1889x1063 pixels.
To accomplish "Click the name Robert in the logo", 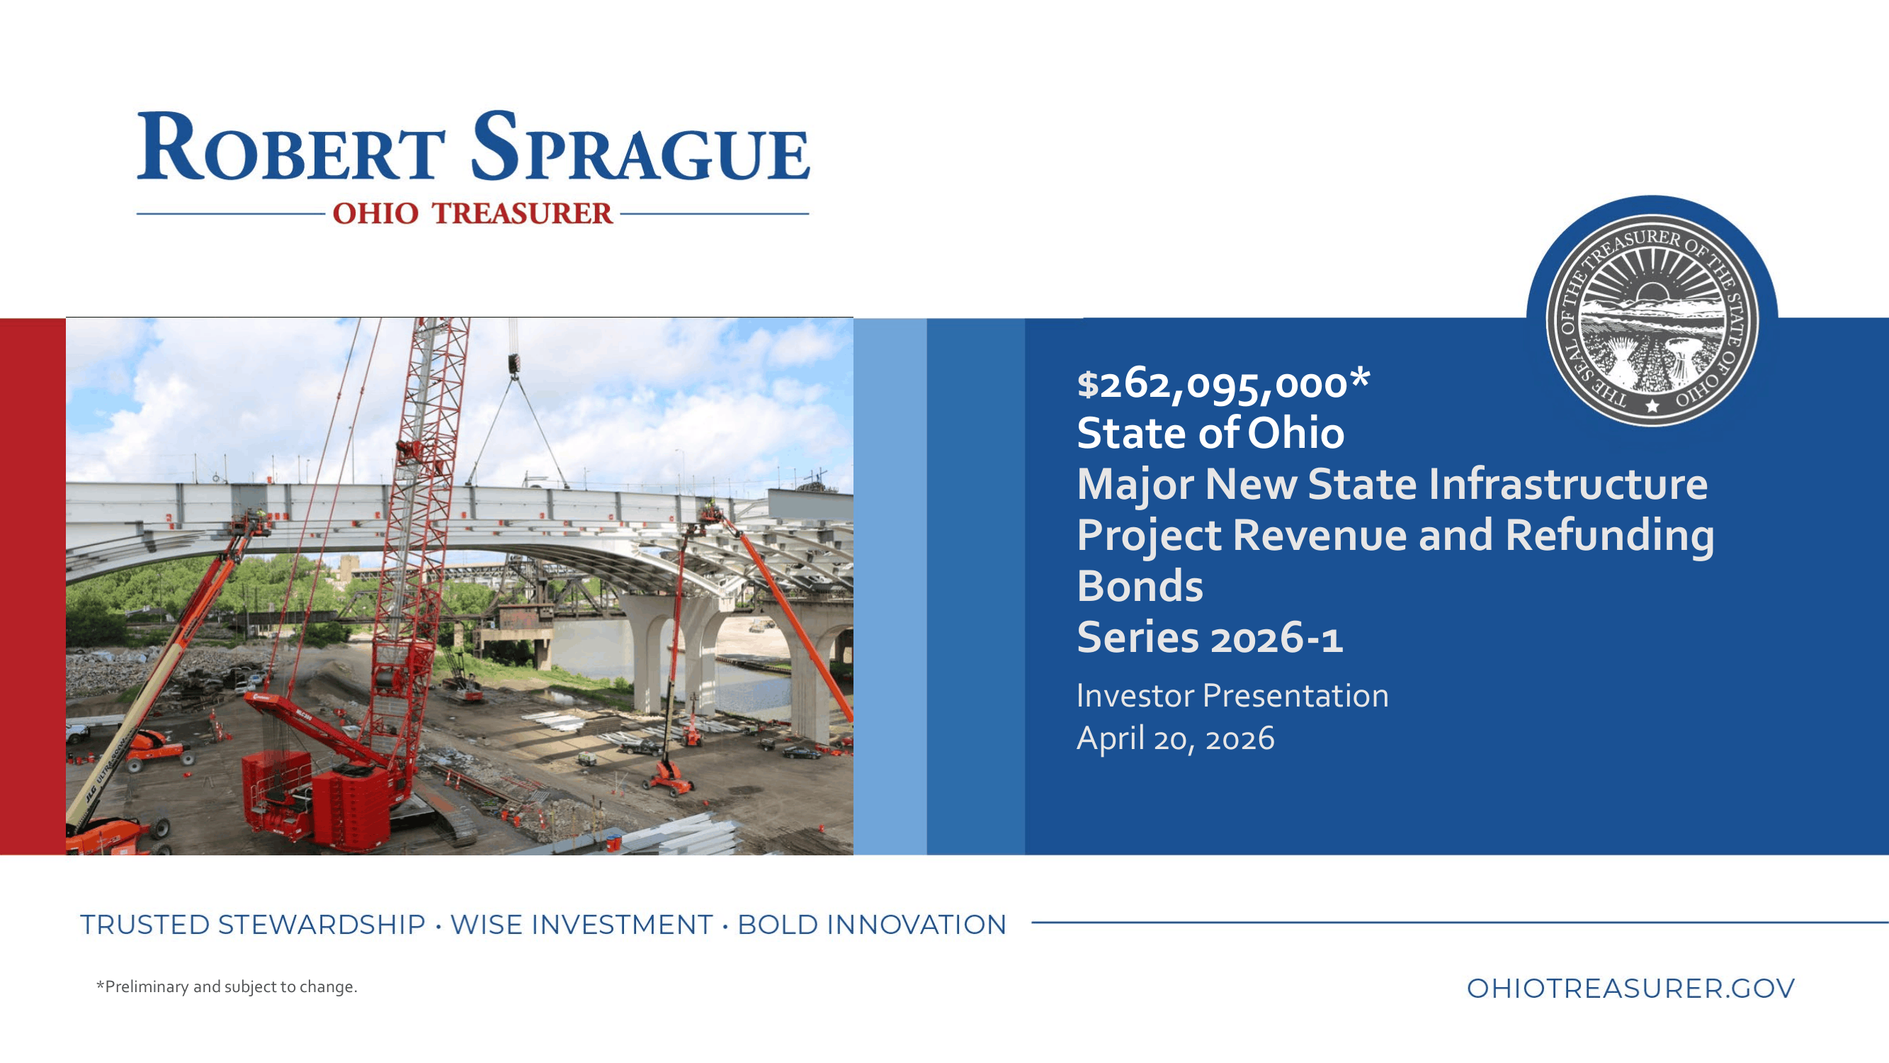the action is tap(291, 147).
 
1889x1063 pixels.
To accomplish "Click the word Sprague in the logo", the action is tap(640, 147).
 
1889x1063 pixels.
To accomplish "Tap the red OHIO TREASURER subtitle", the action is tap(473, 213).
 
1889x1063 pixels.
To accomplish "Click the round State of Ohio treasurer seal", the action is tap(1652, 320).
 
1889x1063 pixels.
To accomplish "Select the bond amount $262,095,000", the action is tap(1223, 385).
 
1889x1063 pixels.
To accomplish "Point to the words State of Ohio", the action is tap(1210, 433).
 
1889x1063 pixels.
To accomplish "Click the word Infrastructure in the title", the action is tap(1508, 484).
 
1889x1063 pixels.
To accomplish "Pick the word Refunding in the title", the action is tap(1610, 536).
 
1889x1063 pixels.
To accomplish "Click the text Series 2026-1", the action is tap(1210, 637).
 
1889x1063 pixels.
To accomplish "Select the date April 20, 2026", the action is tap(1176, 738).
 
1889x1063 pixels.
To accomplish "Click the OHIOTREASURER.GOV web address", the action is tap(1631, 988).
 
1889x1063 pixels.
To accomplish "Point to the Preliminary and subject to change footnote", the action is tap(227, 986).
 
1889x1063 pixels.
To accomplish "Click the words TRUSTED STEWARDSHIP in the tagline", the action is tap(253, 925).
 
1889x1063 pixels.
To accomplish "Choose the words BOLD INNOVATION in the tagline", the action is tap(872, 925).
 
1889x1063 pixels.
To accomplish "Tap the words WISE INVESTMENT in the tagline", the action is tap(582, 925).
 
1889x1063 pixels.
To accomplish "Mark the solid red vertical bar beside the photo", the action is tap(33, 586).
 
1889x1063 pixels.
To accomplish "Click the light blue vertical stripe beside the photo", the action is tap(890, 586).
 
